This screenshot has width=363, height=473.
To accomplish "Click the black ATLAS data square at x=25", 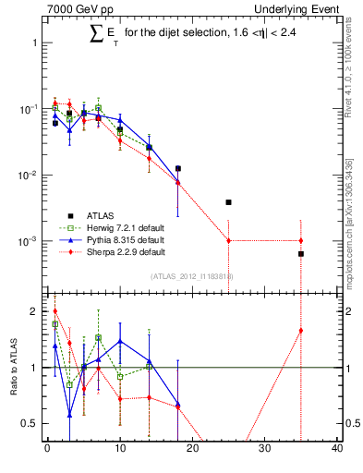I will coord(228,201).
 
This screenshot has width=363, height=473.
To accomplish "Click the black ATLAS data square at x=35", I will coord(301,253).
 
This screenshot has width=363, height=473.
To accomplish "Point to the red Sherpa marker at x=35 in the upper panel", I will coord(301,240).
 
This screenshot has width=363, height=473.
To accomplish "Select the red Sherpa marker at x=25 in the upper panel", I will coord(228,240).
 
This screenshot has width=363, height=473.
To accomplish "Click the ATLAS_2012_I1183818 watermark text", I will coord(191,276).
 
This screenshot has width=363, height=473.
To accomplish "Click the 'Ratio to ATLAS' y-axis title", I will coord(14,368).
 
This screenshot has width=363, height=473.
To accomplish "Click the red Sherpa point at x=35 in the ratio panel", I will coord(301,331).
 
